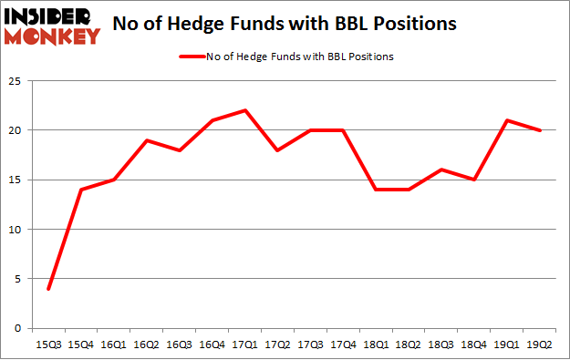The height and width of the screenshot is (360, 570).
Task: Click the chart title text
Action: point(285,25)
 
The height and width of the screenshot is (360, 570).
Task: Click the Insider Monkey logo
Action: point(52,26)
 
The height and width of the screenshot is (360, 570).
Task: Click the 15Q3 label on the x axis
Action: point(47,344)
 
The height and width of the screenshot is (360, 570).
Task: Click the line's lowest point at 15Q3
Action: point(47,289)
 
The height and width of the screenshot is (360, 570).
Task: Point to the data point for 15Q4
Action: point(81,190)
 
